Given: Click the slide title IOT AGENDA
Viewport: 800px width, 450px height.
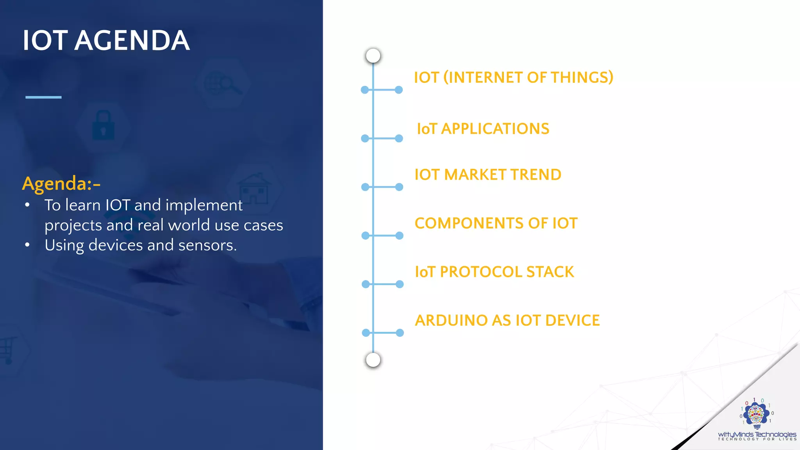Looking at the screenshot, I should [106, 41].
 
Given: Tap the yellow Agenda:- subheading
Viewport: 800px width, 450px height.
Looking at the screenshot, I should [61, 183].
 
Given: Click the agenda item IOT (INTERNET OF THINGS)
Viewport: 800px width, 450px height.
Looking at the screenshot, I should [513, 77].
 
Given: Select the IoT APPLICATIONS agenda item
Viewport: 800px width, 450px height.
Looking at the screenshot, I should [483, 129].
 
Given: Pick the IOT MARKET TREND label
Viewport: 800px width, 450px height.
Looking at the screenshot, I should [487, 175].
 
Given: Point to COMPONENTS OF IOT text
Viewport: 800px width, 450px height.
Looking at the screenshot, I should [496, 223].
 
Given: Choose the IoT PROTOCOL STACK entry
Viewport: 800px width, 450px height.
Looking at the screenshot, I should [494, 271].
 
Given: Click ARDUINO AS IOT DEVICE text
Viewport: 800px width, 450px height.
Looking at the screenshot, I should [507, 320].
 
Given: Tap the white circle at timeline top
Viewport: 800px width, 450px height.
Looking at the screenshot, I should [373, 55].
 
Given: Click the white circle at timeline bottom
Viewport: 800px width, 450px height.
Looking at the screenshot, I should [373, 360].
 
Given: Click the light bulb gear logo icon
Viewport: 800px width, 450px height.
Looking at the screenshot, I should [757, 414].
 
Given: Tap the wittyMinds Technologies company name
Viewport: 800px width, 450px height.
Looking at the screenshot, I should [757, 434].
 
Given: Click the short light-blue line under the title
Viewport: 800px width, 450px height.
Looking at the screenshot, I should [43, 97].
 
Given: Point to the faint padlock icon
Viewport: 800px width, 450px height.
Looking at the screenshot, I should [103, 126].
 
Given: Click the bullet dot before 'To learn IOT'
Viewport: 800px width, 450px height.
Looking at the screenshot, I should [27, 205].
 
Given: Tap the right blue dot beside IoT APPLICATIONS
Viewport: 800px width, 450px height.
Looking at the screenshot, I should [399, 138].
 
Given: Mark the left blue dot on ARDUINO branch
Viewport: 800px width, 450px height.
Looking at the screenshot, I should [366, 333].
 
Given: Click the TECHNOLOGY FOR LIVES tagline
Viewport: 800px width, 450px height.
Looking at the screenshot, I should [757, 439].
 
